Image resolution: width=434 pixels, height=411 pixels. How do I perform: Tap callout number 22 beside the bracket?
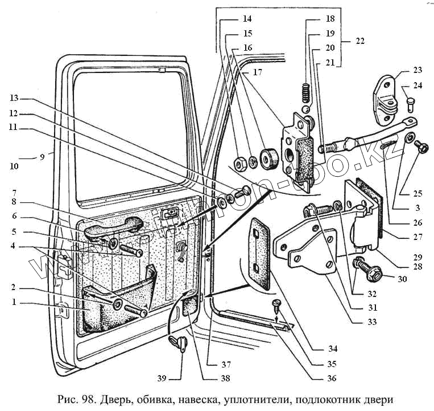coord(359,41)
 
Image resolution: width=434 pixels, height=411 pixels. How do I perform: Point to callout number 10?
coord(14,166)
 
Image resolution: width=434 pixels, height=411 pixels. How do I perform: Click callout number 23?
coord(418,71)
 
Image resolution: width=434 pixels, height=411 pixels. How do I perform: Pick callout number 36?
coord(332,378)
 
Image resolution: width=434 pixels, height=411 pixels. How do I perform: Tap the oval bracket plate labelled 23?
coord(385,100)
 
